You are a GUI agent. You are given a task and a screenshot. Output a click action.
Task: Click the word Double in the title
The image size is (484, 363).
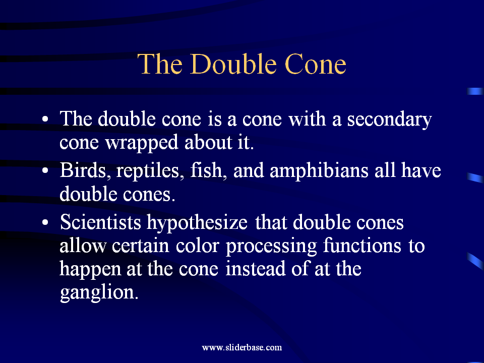pyautogui.click(x=233, y=64)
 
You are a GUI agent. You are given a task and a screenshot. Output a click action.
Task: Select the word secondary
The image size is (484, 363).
pyautogui.click(x=390, y=120)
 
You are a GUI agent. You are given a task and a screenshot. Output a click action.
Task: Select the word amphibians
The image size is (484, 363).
pyautogui.click(x=319, y=171)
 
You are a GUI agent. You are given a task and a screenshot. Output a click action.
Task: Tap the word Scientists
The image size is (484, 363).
pyautogui.click(x=101, y=222)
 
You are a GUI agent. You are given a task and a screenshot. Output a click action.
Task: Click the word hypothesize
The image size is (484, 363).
pyautogui.click(x=197, y=223)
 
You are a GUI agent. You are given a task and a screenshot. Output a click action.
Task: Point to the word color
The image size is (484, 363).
pyautogui.click(x=198, y=246)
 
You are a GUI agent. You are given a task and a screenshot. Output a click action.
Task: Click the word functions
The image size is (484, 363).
pyautogui.click(x=362, y=246)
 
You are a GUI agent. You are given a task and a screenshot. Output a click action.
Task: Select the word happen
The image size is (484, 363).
pyautogui.click(x=90, y=269)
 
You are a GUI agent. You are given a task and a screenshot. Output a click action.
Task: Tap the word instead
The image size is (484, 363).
pyautogui.click(x=256, y=269)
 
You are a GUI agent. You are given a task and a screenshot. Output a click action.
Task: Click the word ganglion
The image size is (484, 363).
pyautogui.click(x=99, y=292)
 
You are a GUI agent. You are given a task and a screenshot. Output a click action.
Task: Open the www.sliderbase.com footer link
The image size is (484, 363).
pyautogui.click(x=242, y=347)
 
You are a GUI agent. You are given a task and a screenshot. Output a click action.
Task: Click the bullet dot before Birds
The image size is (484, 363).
pyautogui.click(x=45, y=171)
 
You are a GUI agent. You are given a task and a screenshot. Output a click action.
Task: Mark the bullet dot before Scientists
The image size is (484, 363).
pyautogui.click(x=45, y=222)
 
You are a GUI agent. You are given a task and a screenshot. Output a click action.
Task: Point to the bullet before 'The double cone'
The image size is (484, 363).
pyautogui.click(x=45, y=119)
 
